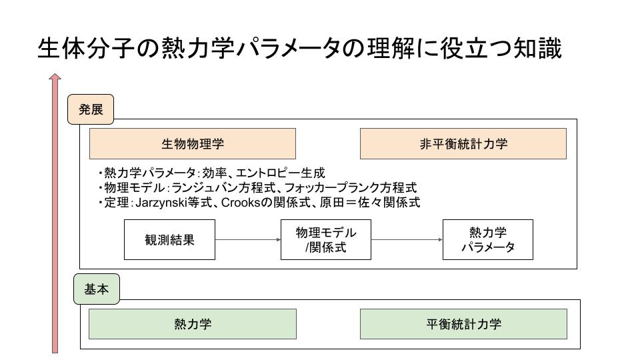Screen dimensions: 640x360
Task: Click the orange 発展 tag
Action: [90, 109]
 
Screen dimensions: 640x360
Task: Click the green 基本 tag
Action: [96, 289]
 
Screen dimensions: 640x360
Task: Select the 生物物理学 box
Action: [193, 144]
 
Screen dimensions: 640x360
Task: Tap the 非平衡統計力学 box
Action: [463, 144]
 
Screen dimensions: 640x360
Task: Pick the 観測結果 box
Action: [169, 239]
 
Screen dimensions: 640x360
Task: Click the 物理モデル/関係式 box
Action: [326, 239]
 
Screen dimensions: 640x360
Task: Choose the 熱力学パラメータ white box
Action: [488, 239]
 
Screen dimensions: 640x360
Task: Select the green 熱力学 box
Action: [193, 324]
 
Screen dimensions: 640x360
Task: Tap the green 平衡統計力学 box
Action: [463, 324]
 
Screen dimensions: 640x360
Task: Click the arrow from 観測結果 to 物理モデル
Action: [248, 239]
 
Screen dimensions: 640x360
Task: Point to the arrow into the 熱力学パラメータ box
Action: [407, 239]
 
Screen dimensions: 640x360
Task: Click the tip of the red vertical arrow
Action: [55, 74]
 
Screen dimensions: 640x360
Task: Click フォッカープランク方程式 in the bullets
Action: [351, 188]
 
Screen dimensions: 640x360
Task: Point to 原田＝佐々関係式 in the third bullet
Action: [370, 203]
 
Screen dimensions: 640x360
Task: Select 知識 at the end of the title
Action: [537, 48]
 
